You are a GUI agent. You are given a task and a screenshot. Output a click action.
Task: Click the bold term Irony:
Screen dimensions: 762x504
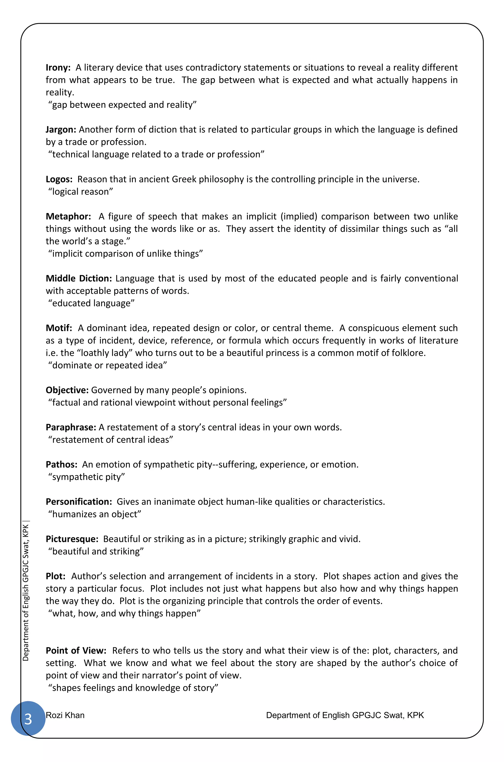click(58, 68)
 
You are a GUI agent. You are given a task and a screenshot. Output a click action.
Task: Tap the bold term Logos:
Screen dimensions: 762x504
click(59, 179)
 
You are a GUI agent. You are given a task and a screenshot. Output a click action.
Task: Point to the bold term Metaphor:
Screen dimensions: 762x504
click(68, 217)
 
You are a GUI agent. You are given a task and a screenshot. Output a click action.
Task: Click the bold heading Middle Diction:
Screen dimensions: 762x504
click(79, 279)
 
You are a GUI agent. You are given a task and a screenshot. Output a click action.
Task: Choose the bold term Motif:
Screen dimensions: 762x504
click(59, 328)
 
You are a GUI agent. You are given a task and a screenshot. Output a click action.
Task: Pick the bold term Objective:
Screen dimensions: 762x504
click(67, 390)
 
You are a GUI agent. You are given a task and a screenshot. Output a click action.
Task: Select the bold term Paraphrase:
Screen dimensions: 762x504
click(71, 428)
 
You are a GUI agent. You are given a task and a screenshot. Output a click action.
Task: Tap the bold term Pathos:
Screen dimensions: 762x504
click(61, 465)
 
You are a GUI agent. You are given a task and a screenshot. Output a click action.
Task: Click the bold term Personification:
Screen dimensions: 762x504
click(79, 502)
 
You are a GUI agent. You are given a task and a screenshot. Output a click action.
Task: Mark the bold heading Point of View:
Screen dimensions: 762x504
click(76, 651)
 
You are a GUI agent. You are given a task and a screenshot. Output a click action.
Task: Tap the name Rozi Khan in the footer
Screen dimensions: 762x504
click(65, 715)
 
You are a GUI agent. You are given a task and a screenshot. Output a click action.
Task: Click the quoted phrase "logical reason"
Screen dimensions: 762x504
click(81, 192)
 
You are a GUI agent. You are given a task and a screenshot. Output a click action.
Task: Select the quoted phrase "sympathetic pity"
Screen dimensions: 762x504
click(86, 477)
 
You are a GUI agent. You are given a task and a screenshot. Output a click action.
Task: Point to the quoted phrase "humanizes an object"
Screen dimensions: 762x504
click(95, 514)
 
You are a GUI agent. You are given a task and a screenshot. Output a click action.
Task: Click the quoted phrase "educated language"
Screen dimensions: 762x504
click(91, 304)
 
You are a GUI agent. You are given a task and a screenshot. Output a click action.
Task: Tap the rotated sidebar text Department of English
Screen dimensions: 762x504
click(26, 592)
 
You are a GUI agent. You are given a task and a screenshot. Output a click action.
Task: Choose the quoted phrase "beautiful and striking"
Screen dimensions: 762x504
click(96, 552)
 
